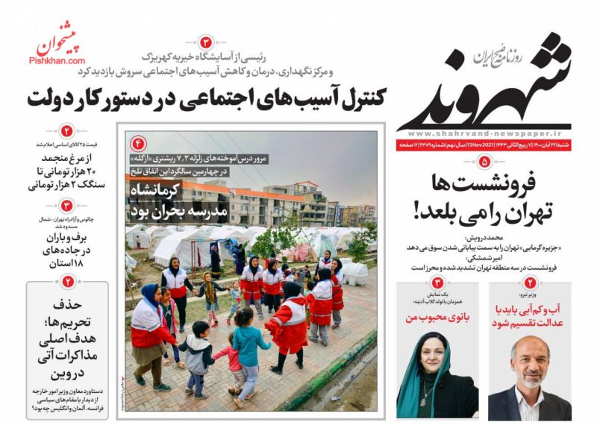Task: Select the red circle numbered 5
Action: pyautogui.click(x=484, y=161)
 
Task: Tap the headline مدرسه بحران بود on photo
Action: pyautogui.click(x=164, y=212)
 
